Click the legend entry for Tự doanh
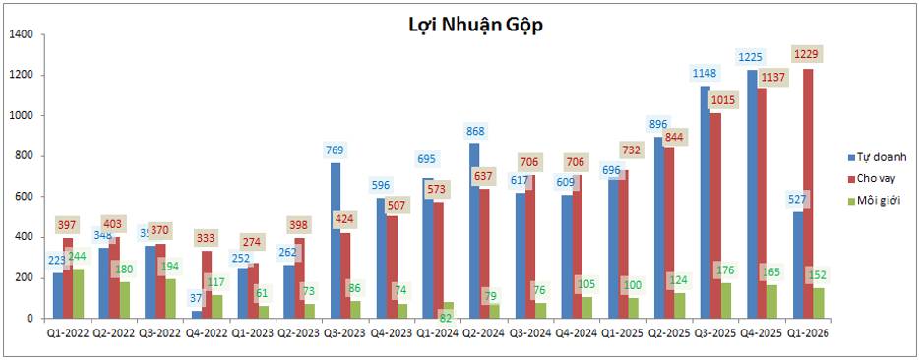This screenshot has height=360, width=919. click(878, 157)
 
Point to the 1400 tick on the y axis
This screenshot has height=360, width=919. click(21, 34)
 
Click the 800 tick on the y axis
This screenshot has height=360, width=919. click(24, 156)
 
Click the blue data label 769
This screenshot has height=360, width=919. click(337, 150)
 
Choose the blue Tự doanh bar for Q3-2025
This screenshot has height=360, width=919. click(705, 203)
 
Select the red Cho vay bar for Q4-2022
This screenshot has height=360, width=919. click(206, 285)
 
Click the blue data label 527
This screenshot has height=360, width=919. click(797, 200)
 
